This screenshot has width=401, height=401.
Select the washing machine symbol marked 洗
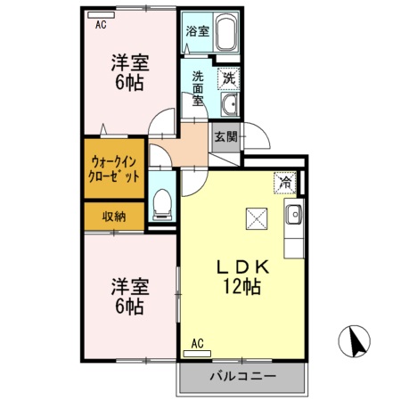(228, 78)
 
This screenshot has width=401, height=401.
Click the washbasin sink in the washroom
(229, 106)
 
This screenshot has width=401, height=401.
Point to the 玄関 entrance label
(225, 137)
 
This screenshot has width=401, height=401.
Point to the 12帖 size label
(241, 287)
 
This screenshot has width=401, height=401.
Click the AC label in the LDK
(198, 341)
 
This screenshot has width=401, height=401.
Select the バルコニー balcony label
(242, 377)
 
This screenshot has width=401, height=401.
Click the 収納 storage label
(113, 216)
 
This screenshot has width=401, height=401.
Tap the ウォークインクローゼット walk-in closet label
(113, 169)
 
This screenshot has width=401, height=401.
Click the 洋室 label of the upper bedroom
(128, 63)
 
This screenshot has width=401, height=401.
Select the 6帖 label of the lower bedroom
(128, 307)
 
